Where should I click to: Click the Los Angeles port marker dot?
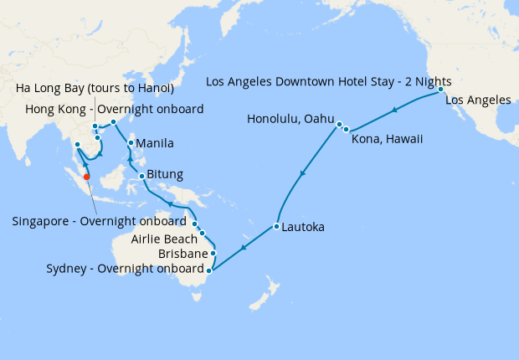click(441, 89)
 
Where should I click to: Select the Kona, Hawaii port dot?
click(346, 130)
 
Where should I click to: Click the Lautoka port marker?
click(275, 227)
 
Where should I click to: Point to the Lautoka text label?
click(303, 227)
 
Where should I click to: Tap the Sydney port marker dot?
click(208, 270)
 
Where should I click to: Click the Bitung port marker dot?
click(142, 176)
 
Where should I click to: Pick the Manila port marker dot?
click(131, 143)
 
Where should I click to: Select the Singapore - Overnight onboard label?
click(99, 222)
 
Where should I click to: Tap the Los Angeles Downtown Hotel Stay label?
click(329, 82)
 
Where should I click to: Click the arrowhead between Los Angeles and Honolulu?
click(394, 108)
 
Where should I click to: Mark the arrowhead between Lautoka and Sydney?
click(244, 247)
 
